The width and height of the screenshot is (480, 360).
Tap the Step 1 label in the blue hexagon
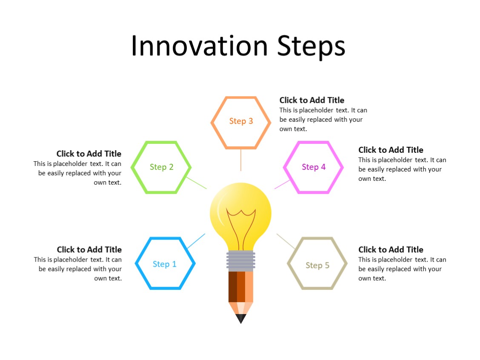pos(164,264)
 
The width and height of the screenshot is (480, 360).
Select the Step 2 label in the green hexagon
pos(162,167)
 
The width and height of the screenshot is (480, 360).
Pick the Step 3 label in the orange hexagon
pos(241,121)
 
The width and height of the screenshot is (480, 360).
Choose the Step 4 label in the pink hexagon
pos(314,167)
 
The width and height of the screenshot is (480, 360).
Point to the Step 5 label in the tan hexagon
pos(317,266)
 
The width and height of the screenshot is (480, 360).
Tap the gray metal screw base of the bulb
pos(241,261)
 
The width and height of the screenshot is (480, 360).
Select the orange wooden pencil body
pos(241,287)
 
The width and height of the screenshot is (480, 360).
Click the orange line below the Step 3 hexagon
pos(241,160)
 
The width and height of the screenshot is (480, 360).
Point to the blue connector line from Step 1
pos(196,241)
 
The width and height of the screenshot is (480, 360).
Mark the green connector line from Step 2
pos(197,183)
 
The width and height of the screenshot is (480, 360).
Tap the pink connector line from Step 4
pos(283,184)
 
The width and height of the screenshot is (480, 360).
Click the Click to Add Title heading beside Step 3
pos(312,100)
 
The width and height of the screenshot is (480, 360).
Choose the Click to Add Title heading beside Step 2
pos(89,154)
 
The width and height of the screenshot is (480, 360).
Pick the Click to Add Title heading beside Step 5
pos(391,250)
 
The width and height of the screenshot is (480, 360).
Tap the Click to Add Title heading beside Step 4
pos(391,150)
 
